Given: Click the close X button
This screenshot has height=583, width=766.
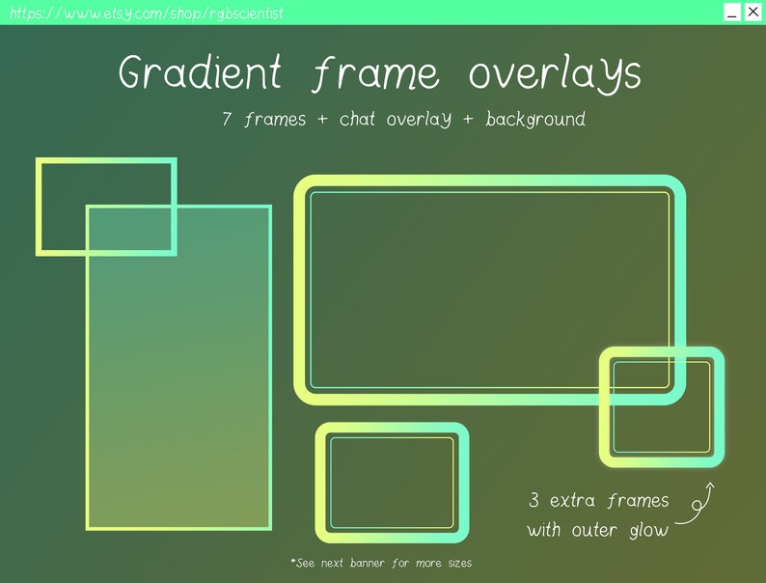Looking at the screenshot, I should click(752, 12).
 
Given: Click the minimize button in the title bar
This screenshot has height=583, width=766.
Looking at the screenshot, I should click(732, 13).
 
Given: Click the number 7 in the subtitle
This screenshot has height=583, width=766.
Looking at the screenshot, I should click(227, 120).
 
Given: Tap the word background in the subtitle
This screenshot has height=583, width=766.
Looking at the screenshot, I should click(535, 120).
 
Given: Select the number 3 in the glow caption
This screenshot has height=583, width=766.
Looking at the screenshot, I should click(533, 501).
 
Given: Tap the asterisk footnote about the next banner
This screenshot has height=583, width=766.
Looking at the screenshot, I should click(381, 562).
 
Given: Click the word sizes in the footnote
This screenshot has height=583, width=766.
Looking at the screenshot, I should click(455, 562).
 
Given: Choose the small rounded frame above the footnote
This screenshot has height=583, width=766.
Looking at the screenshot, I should click(392, 430).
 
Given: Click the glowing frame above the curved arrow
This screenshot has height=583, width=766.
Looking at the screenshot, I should click(662, 353).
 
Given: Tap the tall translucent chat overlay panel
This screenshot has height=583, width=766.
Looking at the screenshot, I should click(178, 386).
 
